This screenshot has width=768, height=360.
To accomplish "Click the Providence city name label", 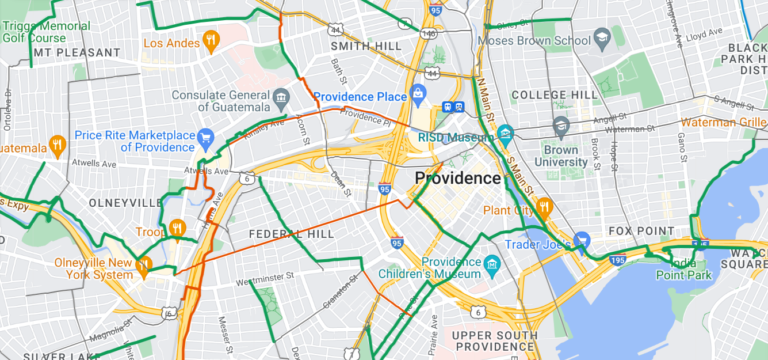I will pyautogui.click(x=457, y=178).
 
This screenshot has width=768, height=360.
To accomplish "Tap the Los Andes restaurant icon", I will pyautogui.click(x=210, y=41).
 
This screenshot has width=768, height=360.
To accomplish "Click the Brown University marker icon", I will pyautogui.click(x=560, y=126).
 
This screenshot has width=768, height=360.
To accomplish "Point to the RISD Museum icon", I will pyautogui.click(x=505, y=134).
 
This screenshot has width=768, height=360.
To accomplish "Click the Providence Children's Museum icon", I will pyautogui.click(x=492, y=266).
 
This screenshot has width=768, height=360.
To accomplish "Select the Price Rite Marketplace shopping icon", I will pyautogui.click(x=206, y=136).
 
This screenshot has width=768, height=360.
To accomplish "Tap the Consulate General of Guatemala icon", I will pyautogui.click(x=283, y=96).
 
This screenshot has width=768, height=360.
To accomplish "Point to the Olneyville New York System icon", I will pyautogui.click(x=144, y=266).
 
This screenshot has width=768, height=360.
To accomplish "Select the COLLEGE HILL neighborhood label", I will pyautogui.click(x=553, y=95).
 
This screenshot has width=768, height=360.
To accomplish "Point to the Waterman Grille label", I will pyautogui.click(x=725, y=122).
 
